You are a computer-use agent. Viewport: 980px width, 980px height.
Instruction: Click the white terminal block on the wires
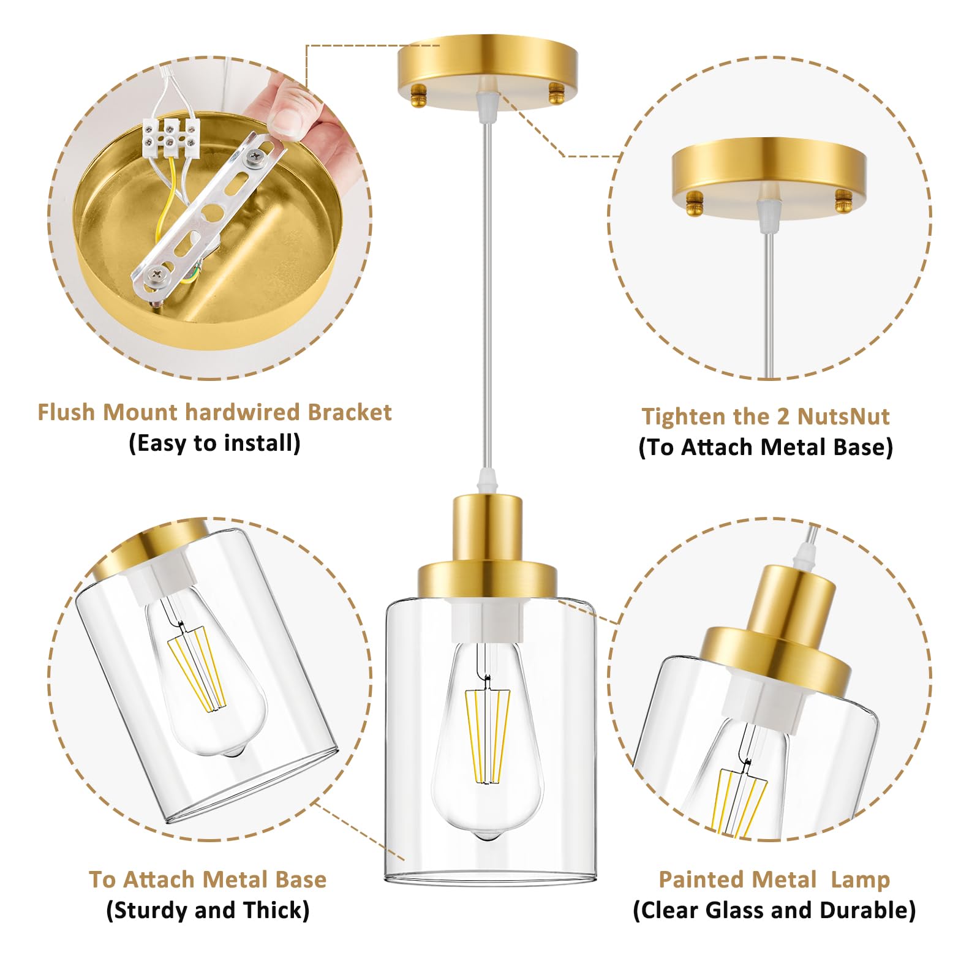tap(171, 136)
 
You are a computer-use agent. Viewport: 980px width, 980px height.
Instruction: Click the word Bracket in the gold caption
tap(349, 412)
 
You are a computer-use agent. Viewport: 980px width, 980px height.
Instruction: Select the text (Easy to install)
tap(214, 443)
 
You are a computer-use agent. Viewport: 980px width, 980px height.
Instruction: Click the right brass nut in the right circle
tap(844, 202)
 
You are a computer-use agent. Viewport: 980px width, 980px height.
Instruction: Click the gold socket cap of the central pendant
tap(488, 545)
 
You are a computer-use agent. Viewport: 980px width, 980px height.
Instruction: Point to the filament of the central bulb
tap(488, 735)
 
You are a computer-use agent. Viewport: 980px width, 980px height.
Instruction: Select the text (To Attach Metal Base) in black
tap(766, 447)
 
